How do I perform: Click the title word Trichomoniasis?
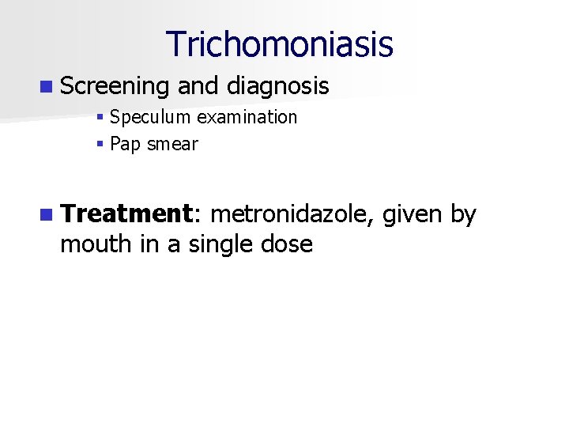click(279, 44)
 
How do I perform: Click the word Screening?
click(115, 86)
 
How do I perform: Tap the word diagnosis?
click(277, 86)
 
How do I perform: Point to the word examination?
click(247, 118)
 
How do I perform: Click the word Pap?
click(126, 144)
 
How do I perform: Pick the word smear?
click(172, 144)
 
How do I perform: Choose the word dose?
click(288, 244)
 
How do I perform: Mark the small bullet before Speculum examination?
click(100, 119)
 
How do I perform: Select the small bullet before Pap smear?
click(100, 145)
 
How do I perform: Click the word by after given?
click(463, 214)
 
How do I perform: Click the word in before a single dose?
click(149, 244)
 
